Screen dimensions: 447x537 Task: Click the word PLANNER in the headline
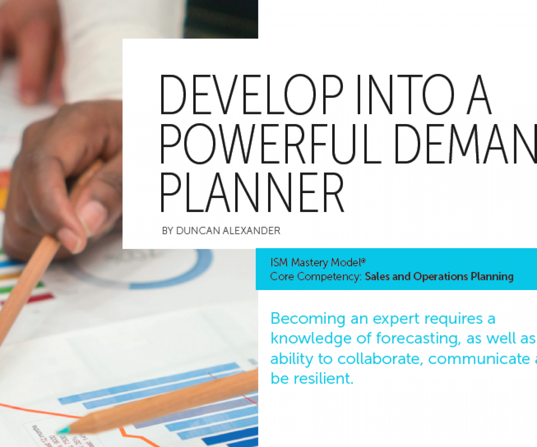click(x=251, y=192)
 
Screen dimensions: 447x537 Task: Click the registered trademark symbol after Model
click(x=363, y=261)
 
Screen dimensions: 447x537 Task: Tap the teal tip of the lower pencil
click(x=64, y=430)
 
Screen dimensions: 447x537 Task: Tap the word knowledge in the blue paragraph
click(x=311, y=339)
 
